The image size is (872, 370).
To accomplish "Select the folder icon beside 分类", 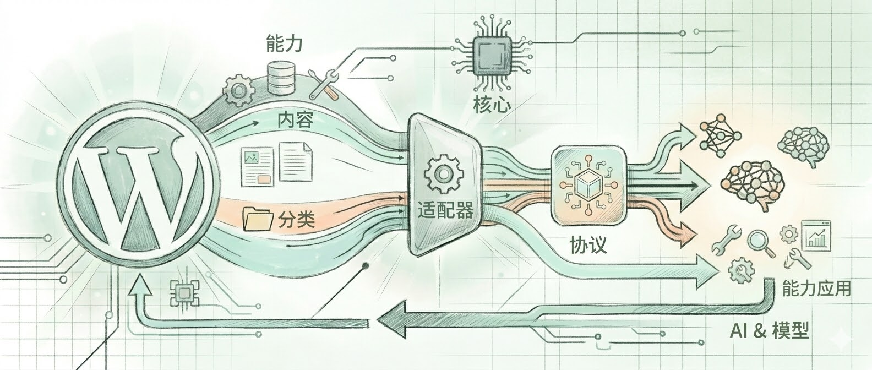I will [258, 219].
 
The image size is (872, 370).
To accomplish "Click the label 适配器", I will [445, 210].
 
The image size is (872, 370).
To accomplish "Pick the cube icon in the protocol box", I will [588, 186].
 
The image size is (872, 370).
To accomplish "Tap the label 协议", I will [588, 244].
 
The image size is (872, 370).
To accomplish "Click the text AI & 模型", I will [769, 330].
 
